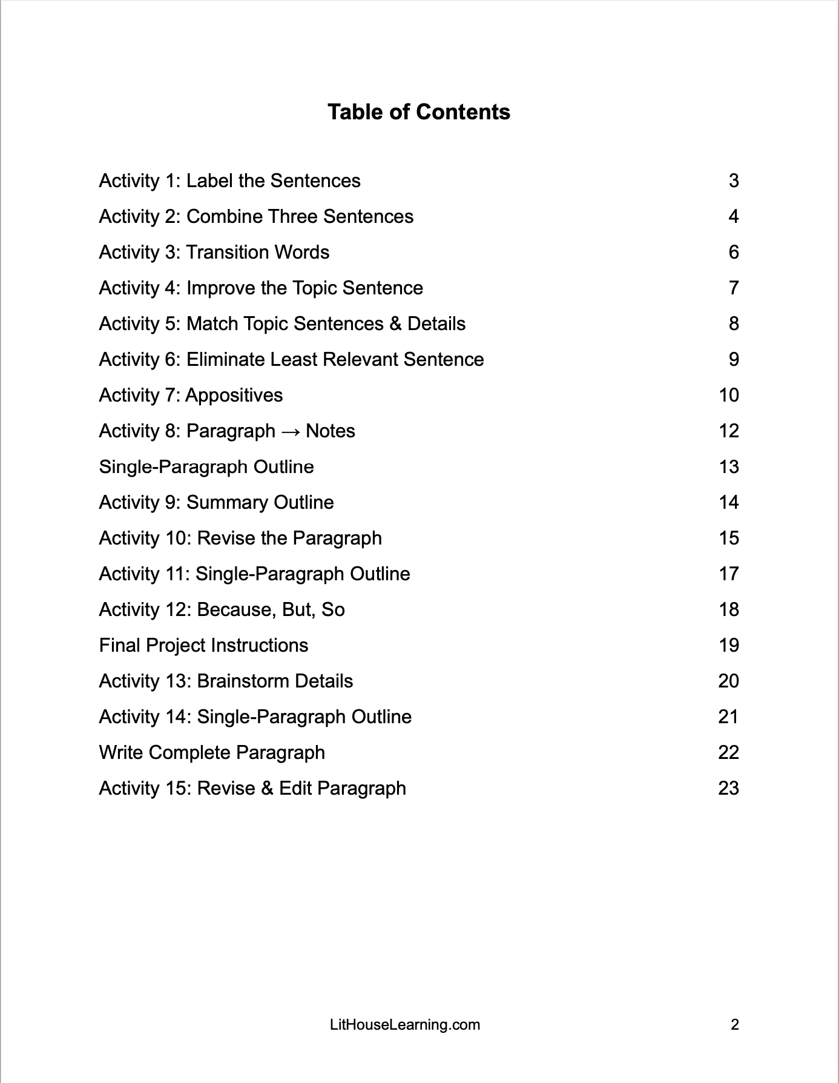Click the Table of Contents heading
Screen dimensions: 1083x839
pos(419,112)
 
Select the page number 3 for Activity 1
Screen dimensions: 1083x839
pos(734,180)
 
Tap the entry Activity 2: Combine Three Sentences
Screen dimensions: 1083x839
pos(256,216)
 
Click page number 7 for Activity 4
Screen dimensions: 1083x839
pos(734,288)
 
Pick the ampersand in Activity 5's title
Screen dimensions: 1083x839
pos(395,323)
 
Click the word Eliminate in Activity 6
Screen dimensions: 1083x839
pos(226,359)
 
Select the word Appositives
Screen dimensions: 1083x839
pos(234,395)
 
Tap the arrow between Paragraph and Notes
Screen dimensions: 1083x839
pos(291,431)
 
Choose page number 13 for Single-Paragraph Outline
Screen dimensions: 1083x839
pos(729,466)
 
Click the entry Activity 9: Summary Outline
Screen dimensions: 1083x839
pos(216,502)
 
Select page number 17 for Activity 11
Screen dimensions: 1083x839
pos(729,574)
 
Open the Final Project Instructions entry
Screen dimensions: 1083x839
pos(203,645)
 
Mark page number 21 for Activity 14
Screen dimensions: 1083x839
pos(729,717)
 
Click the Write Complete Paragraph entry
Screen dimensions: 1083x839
pos(212,752)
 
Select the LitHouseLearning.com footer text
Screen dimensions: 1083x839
pos(405,1025)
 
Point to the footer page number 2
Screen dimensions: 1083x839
pos(735,1025)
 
